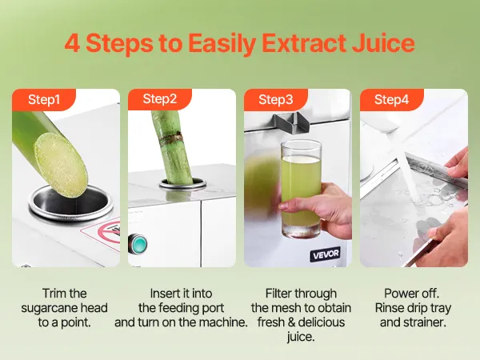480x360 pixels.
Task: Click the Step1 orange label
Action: point(44,100)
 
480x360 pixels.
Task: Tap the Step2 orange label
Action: point(160,99)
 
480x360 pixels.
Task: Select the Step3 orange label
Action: point(276,100)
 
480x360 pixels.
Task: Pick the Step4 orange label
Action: point(392,100)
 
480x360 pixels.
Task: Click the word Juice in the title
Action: point(383,43)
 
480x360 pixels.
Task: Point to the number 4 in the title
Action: point(72,43)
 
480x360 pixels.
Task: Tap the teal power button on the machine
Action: point(138,244)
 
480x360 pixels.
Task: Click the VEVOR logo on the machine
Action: point(326,254)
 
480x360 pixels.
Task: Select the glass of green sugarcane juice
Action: point(301,189)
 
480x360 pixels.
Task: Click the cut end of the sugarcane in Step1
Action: point(62,165)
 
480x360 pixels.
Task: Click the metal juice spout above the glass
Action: point(291,122)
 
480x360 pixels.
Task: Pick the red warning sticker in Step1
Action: point(101,234)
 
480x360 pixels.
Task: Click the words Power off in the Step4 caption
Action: point(412,294)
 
